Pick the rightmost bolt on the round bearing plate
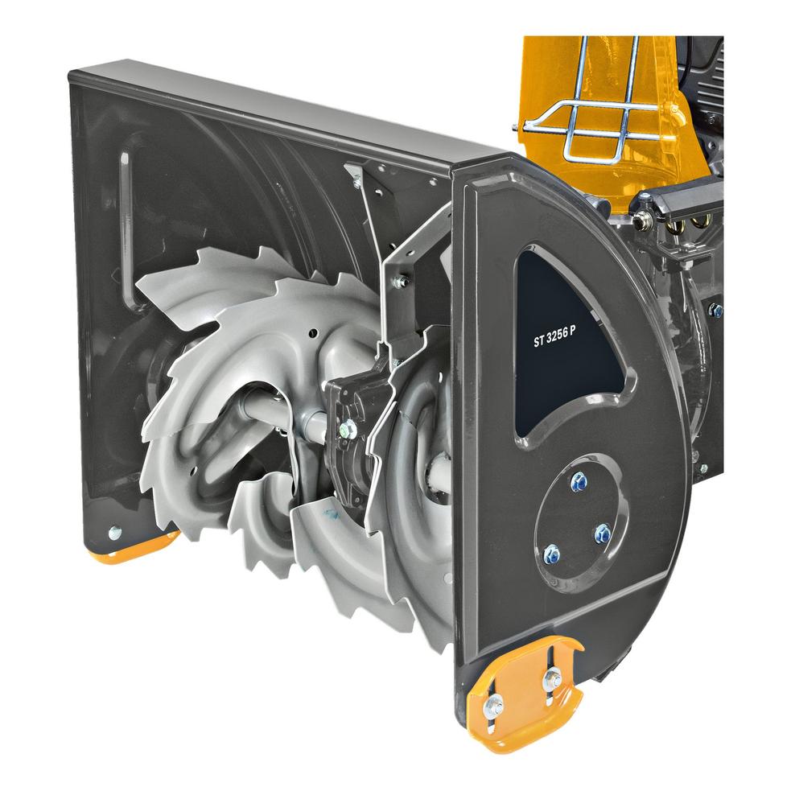pos(603,533)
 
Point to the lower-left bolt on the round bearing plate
pos(551,554)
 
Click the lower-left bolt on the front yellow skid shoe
pos(492,704)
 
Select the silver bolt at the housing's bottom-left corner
pos(115,531)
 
